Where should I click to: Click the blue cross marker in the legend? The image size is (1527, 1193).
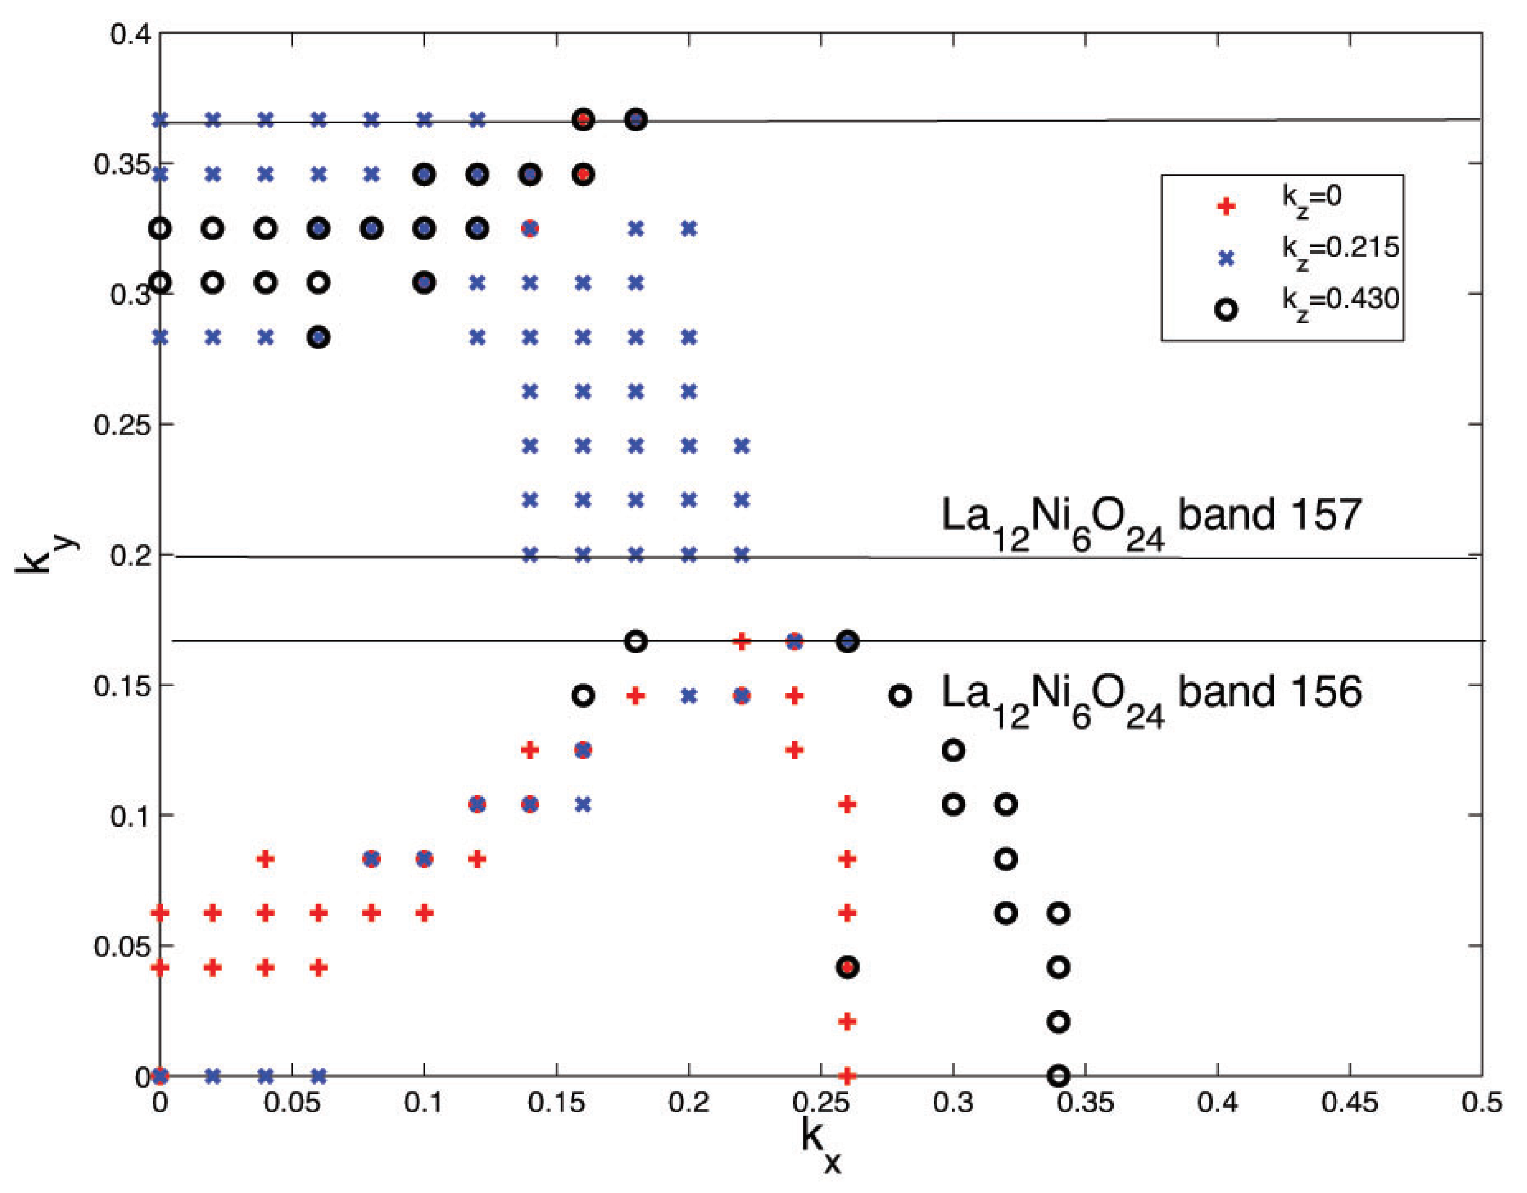point(1226,258)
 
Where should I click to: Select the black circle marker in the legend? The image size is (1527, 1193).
point(1226,310)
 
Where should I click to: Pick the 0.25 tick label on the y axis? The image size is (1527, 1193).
point(122,425)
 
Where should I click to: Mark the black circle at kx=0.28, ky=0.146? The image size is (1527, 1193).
point(901,695)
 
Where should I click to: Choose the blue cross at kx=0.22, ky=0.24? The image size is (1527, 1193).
point(742,445)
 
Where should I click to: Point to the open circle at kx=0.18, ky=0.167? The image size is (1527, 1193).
point(636,641)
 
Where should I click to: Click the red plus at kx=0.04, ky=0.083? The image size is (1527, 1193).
point(266,859)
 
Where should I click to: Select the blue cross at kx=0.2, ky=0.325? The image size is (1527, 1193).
point(689,228)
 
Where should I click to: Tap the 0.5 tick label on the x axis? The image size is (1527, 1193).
point(1482,1104)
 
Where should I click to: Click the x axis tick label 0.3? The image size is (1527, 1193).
point(953,1104)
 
